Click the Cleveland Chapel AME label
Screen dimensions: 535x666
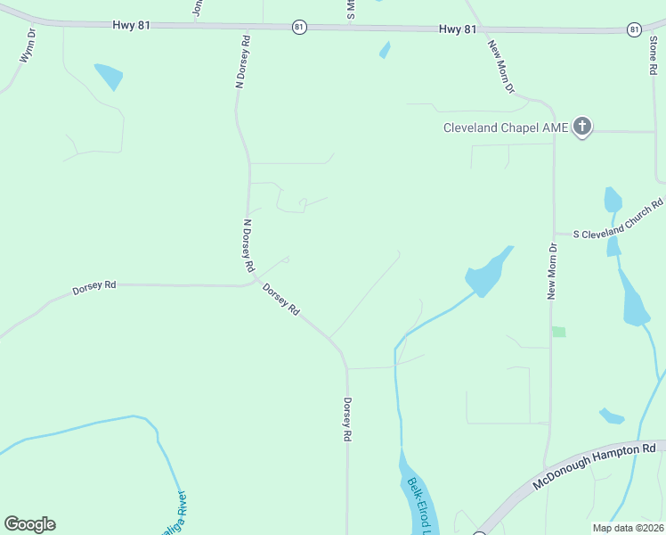(505, 128)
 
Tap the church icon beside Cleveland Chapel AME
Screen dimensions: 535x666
(582, 127)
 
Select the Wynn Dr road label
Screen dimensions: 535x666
(28, 46)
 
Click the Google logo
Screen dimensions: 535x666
(29, 524)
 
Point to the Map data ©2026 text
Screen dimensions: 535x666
(628, 528)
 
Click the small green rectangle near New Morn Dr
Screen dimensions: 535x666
(558, 332)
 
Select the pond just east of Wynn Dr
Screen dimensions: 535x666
(109, 76)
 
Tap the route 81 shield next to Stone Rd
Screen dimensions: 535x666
(633, 29)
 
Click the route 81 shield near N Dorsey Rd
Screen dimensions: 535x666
(299, 28)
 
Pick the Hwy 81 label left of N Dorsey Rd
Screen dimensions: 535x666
(132, 25)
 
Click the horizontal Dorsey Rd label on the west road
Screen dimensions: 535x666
(94, 289)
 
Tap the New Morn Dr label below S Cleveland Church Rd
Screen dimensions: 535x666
(552, 271)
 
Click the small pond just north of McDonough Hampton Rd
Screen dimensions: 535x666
(612, 416)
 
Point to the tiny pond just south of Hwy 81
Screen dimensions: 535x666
(385, 50)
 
